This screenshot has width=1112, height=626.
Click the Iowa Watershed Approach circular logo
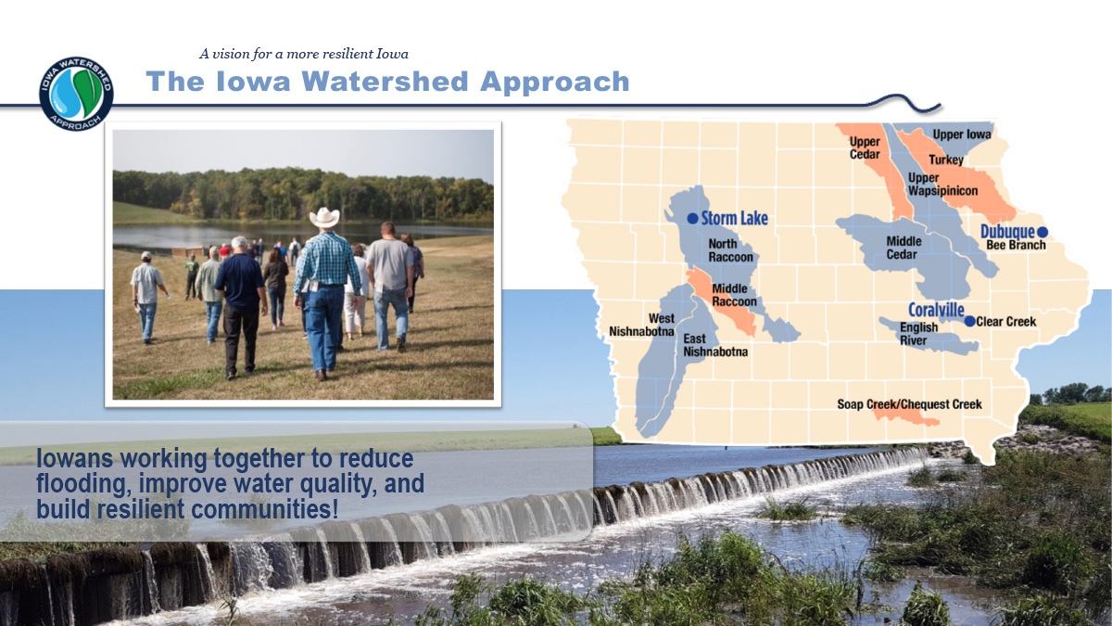pos(76,94)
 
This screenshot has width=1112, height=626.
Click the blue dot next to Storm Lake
pos(692,218)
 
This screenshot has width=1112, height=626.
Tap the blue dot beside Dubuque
pos(1042,232)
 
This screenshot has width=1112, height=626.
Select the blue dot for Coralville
pos(969,322)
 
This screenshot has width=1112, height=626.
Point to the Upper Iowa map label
pos(962,134)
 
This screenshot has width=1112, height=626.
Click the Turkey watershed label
pos(946,160)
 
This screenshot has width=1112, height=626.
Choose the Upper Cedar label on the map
pos(865,147)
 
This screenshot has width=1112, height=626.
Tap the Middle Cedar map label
pos(903,248)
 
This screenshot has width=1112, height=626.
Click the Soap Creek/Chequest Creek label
pos(909,404)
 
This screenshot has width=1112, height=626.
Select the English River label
pos(919,333)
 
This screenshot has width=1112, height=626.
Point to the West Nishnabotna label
pos(641,325)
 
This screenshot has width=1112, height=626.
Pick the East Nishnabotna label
pos(715,345)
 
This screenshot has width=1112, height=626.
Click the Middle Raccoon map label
pos(734,295)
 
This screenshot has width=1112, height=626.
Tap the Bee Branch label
pos(1016,245)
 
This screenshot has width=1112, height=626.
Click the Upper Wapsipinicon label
pos(942,185)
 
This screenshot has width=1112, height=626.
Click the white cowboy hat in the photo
pos(324,218)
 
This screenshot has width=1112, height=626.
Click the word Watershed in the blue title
pos(385,82)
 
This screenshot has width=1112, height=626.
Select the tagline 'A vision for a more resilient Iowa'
pos(304,54)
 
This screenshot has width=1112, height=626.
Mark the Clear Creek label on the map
pos(1006,322)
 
